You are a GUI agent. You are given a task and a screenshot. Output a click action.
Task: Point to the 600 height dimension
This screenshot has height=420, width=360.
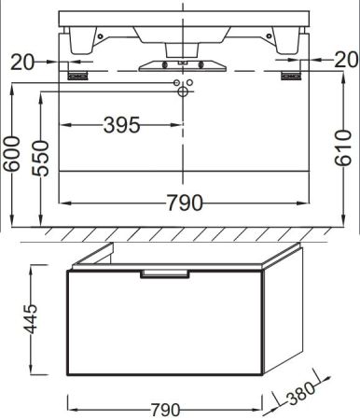pyautogui.click(x=11, y=155)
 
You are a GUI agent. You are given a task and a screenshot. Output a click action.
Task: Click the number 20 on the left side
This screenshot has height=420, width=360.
pyautogui.click(x=24, y=61)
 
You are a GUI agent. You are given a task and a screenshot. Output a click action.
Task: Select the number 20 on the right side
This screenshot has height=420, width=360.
pyautogui.click(x=344, y=60)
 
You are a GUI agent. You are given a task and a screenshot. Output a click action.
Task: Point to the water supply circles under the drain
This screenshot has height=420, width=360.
pyautogui.click(x=183, y=88)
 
